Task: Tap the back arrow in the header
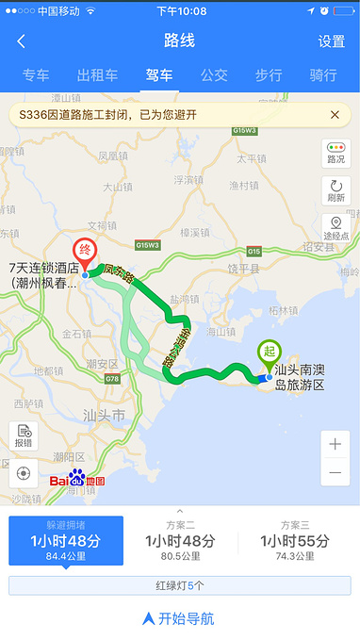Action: coord(21,41)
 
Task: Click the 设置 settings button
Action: coord(331,41)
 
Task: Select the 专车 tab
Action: coord(36,75)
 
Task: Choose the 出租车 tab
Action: coord(97,75)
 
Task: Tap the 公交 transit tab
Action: coord(214,75)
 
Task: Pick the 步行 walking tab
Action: coord(269,75)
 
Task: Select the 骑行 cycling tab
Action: coord(323,75)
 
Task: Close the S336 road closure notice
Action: coord(335,114)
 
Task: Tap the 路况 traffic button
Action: coord(335,153)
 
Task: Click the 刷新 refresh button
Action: coord(335,190)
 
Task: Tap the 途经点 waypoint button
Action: coord(335,228)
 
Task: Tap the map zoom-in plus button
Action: coord(335,444)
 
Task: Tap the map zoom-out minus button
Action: coord(335,472)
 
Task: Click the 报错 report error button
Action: coord(24,436)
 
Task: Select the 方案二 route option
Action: coord(180,540)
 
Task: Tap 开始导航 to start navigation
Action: coord(179,618)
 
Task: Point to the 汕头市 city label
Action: coord(105,415)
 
